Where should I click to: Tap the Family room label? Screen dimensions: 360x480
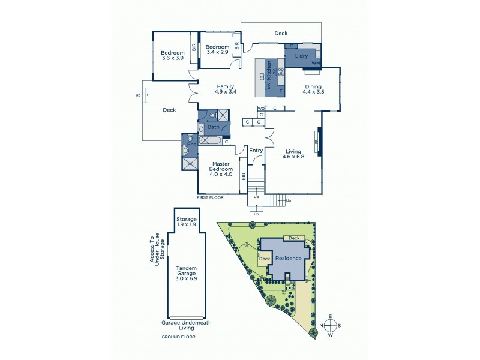click(x=226, y=86)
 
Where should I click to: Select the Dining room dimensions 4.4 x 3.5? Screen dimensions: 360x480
click(x=313, y=92)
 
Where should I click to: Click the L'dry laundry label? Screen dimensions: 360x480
click(x=301, y=56)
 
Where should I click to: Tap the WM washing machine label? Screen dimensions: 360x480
click(x=315, y=63)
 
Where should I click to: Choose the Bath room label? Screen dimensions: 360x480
click(x=214, y=127)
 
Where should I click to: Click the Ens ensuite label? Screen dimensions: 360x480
click(x=191, y=145)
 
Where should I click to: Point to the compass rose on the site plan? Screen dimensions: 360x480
click(x=331, y=325)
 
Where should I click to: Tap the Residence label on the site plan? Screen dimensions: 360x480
click(x=289, y=258)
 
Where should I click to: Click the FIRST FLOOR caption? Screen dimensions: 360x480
click(x=211, y=197)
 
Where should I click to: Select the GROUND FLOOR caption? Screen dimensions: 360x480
click(x=178, y=337)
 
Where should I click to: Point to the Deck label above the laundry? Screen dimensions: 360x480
click(x=281, y=34)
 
